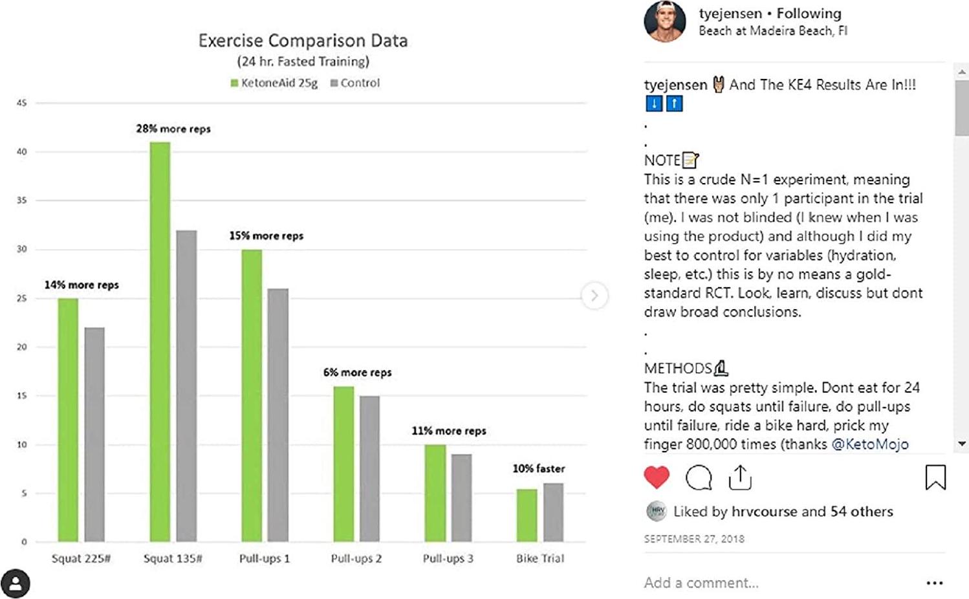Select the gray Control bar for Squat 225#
(94, 434)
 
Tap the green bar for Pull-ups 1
(252, 395)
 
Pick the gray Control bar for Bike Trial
(553, 512)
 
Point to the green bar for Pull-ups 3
(435, 493)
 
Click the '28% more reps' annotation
(173, 129)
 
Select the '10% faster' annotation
(538, 468)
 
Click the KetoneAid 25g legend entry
(274, 83)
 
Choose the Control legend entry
(355, 83)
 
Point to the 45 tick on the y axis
(22, 103)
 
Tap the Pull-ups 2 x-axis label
(356, 558)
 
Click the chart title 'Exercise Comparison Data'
(303, 41)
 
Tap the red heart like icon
(657, 477)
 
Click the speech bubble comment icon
(699, 477)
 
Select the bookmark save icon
(935, 477)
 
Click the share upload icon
(740, 477)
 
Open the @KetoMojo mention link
(870, 444)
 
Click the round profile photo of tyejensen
(665, 21)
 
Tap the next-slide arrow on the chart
(594, 296)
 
